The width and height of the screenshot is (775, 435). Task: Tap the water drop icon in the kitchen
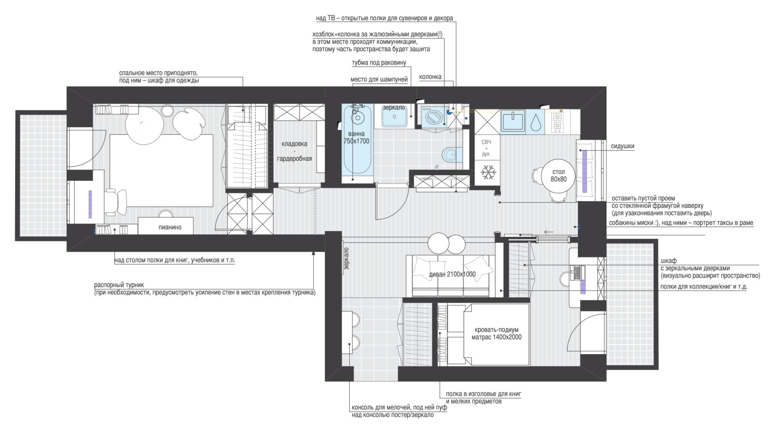(x=536, y=122)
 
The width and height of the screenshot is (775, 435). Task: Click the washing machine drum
(x=432, y=116)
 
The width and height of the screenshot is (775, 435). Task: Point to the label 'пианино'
(x=170, y=227)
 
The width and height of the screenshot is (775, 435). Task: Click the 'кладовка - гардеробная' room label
(x=294, y=151)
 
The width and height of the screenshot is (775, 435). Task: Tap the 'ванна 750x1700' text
(x=356, y=138)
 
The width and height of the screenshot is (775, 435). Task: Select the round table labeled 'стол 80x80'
(x=558, y=175)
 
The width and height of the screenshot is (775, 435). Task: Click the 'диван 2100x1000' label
(x=452, y=274)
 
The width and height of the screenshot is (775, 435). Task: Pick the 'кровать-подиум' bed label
(x=496, y=330)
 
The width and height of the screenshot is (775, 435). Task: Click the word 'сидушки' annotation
(x=622, y=146)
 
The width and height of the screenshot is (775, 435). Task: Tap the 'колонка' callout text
(x=430, y=77)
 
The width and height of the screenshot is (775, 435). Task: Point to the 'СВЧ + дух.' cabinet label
(x=486, y=148)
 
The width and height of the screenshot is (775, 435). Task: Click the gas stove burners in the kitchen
(x=557, y=122)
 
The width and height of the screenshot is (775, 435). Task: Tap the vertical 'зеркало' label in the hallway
(x=347, y=258)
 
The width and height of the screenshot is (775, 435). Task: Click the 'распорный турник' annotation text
(x=119, y=285)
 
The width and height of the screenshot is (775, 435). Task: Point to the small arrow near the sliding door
(x=549, y=232)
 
